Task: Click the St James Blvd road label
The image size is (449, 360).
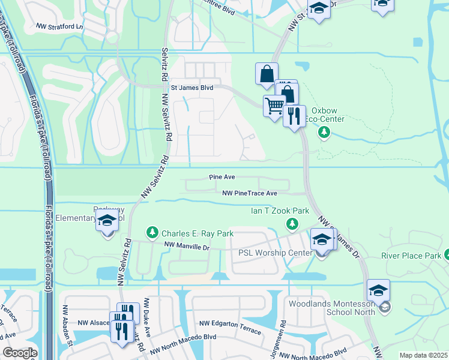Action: point(192,88)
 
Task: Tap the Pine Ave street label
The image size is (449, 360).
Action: point(222,178)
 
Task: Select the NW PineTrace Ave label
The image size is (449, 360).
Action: point(249,193)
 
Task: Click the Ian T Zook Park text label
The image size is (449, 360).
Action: point(280,211)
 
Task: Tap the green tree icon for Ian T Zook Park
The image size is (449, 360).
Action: point(292,224)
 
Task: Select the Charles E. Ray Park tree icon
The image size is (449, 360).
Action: point(152,232)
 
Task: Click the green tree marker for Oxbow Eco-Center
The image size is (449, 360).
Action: point(324,131)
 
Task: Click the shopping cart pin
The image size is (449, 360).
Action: point(274,106)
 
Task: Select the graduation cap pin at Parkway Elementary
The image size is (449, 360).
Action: point(107,220)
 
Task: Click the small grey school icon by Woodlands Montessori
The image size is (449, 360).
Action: point(385,307)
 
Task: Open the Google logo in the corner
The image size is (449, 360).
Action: point(20,353)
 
